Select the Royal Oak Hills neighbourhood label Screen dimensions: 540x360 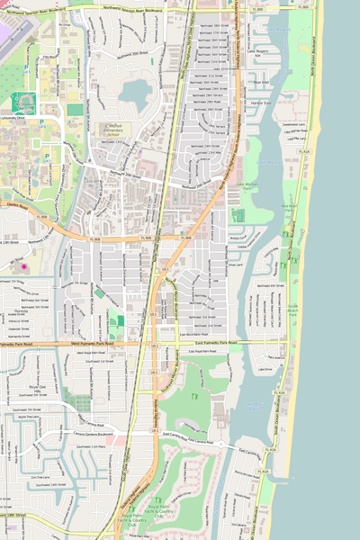37,389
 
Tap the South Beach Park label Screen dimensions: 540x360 291,314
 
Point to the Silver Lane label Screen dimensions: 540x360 237,265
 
